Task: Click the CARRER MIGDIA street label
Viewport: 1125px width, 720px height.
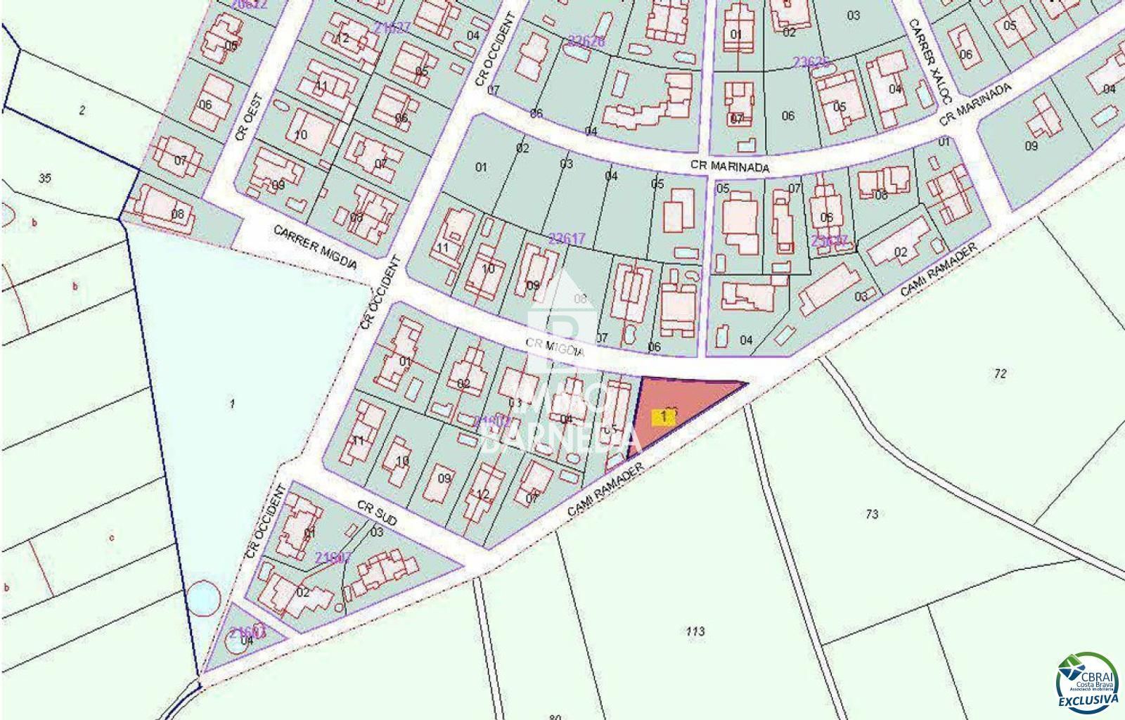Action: point(315,247)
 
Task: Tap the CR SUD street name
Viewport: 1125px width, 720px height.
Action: point(377,515)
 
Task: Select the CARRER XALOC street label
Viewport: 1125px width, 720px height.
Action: point(928,62)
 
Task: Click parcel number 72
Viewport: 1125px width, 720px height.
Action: point(1001,373)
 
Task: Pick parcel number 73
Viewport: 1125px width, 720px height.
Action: point(872,514)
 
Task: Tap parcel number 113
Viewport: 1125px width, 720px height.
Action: point(695,631)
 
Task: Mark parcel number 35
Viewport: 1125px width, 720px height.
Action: point(44,178)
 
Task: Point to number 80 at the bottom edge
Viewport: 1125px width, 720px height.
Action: point(555,716)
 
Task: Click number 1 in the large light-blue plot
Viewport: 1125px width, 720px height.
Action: point(232,403)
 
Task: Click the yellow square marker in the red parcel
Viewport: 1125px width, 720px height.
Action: point(664,417)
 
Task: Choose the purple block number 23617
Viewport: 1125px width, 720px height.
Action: point(567,238)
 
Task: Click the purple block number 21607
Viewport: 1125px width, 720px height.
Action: point(333,558)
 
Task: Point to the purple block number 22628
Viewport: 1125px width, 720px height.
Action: point(586,41)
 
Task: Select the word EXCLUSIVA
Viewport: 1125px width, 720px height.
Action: point(1088,700)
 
